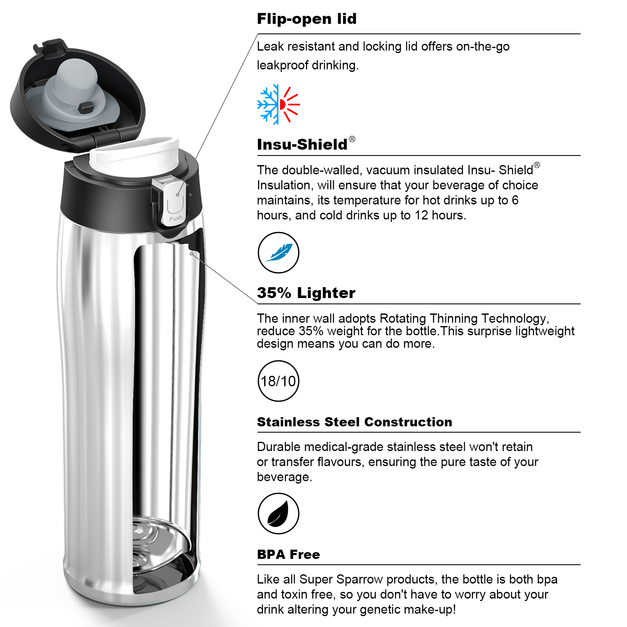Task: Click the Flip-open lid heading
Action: [x=307, y=19]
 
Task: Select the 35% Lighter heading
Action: [x=306, y=293]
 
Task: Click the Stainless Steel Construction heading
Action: [x=354, y=422]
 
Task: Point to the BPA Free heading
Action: [x=288, y=554]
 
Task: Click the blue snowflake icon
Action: [x=268, y=104]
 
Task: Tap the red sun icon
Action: [x=290, y=104]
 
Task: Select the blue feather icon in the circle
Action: [x=278, y=252]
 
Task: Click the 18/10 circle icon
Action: [x=278, y=381]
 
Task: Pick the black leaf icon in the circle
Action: [x=278, y=513]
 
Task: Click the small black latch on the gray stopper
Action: [x=85, y=107]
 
